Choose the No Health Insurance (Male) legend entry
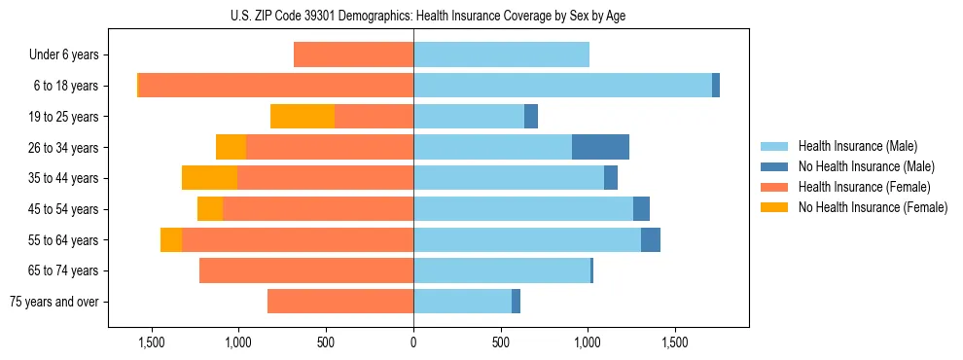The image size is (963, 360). [865, 166]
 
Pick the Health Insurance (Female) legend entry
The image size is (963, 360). [864, 187]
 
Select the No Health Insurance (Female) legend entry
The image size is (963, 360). [872, 207]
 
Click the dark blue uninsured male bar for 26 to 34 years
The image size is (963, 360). [600, 147]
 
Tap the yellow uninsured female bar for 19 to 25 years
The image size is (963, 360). [303, 117]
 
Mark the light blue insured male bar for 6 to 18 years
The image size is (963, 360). [562, 86]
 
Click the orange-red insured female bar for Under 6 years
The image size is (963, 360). [353, 55]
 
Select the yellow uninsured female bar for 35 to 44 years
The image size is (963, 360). [209, 178]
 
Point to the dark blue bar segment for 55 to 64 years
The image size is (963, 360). [651, 239]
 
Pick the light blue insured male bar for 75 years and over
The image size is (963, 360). [462, 302]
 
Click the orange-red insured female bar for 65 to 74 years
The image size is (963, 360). [306, 270]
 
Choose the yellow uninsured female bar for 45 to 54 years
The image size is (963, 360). [210, 209]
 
